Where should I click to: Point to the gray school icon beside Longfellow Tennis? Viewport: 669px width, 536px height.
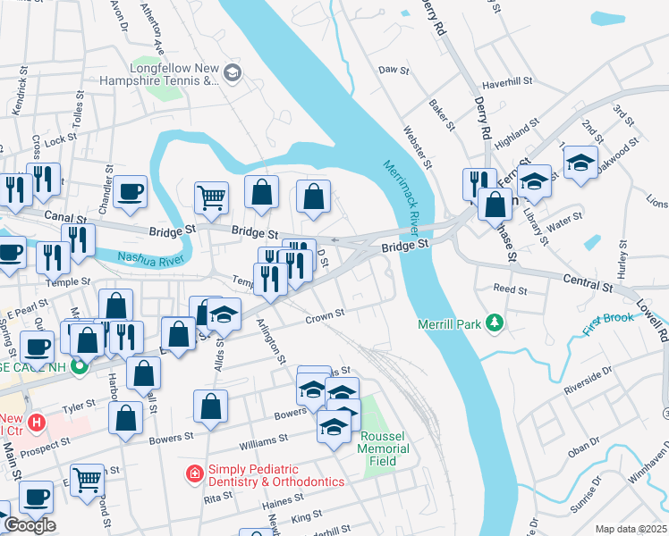tap(233, 72)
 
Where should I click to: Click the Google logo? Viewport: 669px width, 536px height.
tap(29, 524)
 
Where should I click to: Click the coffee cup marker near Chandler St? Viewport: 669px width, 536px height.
tap(131, 190)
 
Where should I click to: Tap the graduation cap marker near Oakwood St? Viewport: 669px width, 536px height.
tap(580, 163)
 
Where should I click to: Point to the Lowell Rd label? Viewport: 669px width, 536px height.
tap(662, 322)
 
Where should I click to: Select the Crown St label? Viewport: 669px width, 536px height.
tap(325, 316)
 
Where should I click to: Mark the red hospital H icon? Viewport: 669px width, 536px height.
tap(36, 421)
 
